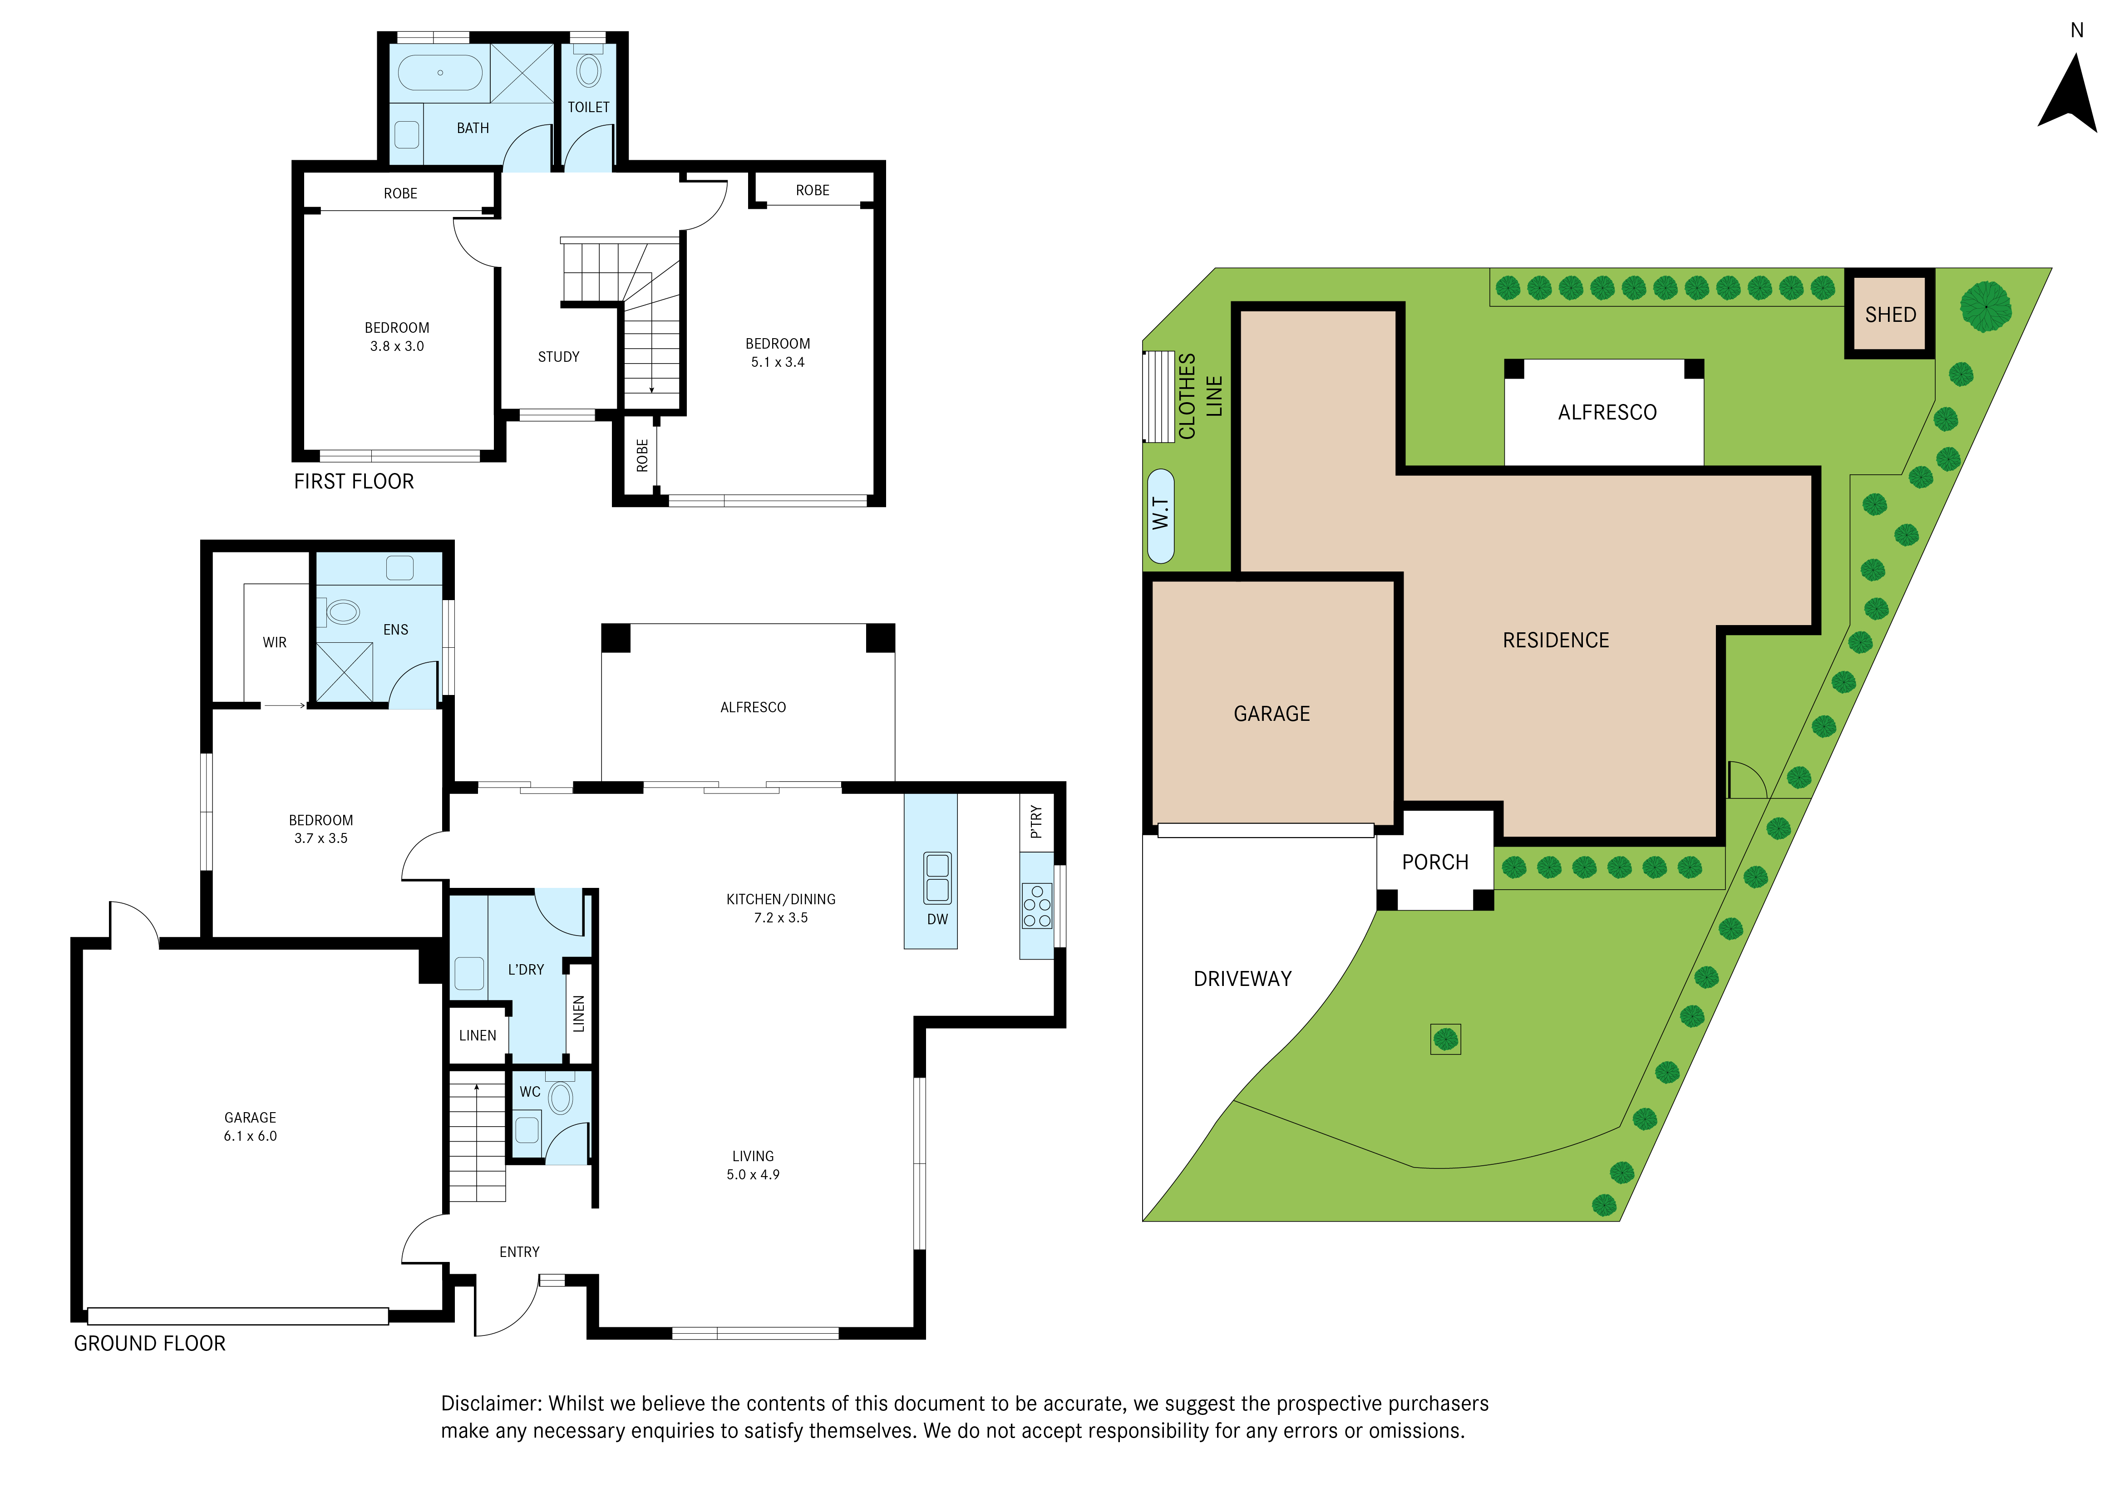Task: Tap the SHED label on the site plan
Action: (x=1890, y=315)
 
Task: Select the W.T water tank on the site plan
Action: (x=1160, y=516)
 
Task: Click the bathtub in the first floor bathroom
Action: (x=440, y=72)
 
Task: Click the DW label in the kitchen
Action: (x=937, y=919)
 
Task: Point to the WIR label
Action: (x=274, y=642)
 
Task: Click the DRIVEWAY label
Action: (x=1242, y=978)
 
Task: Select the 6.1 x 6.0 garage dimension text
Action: (x=250, y=1136)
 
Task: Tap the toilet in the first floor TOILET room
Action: (x=588, y=70)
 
